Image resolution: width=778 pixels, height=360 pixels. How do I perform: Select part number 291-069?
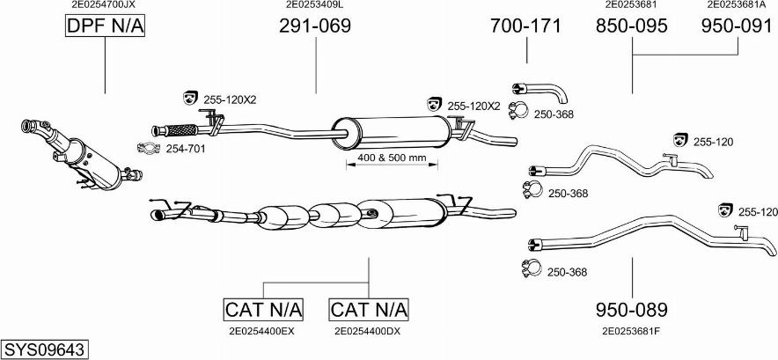click(x=315, y=26)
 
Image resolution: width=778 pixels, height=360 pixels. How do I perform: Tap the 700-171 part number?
click(x=525, y=26)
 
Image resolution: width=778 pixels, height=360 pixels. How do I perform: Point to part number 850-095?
click(x=632, y=26)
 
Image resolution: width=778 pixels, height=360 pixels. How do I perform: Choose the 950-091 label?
click(x=736, y=26)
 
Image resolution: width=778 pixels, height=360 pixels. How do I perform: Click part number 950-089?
click(x=631, y=310)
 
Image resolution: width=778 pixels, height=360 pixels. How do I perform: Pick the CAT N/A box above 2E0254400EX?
click(x=263, y=310)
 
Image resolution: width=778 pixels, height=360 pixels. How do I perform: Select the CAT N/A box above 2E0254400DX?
click(x=369, y=310)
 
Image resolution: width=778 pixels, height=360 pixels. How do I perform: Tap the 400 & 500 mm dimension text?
click(x=392, y=158)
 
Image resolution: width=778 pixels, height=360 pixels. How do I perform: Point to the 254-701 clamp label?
click(x=186, y=149)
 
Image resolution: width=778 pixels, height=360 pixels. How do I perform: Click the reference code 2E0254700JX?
click(x=103, y=4)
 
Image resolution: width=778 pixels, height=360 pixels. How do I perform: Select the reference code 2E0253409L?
click(x=314, y=4)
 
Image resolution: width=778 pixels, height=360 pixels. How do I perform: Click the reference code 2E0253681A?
click(x=736, y=4)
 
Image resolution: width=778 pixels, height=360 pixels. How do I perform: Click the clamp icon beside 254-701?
click(x=150, y=148)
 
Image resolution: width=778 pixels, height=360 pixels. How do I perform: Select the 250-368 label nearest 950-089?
click(x=566, y=273)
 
